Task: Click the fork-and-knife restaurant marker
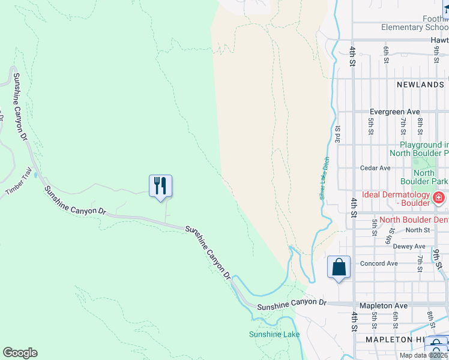coord(160,185)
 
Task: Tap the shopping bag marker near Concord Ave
coord(339,267)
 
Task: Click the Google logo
coord(20,353)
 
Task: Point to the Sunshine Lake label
coord(274,334)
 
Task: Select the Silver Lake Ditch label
coord(325,179)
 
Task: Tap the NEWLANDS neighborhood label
coord(420,85)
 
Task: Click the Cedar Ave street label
coord(375,168)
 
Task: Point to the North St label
coord(418,230)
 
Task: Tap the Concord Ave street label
coord(379,263)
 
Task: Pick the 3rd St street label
coord(339,134)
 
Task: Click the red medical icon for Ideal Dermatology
coord(439,197)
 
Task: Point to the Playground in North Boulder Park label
coord(424,149)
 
